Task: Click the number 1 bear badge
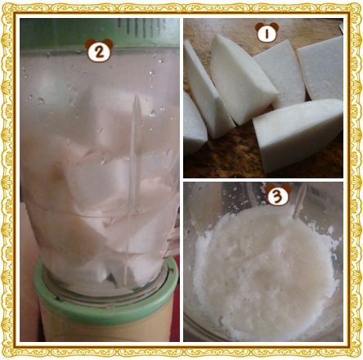click(x=267, y=33)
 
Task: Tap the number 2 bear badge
click(x=99, y=51)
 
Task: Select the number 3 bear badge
click(x=278, y=194)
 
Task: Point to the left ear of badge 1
click(x=258, y=26)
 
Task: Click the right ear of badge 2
click(x=109, y=43)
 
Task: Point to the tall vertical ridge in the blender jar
click(x=135, y=153)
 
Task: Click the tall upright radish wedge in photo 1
click(x=243, y=79)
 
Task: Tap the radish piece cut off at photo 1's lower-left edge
click(x=194, y=124)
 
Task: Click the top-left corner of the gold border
click(x=2, y=2)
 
